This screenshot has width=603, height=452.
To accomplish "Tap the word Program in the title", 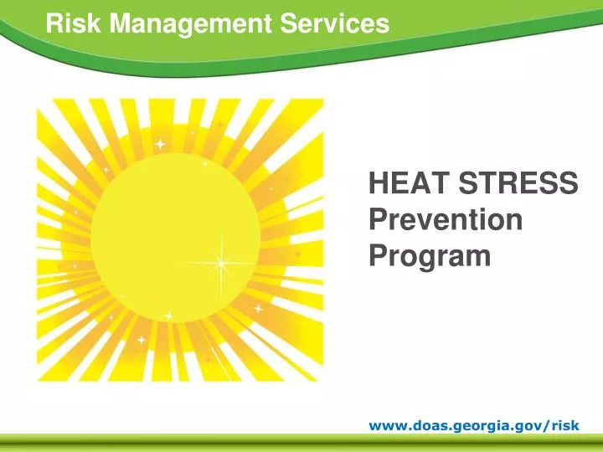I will pyautogui.click(x=430, y=255).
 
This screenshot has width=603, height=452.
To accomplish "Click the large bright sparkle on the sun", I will pyautogui.click(x=222, y=263).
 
